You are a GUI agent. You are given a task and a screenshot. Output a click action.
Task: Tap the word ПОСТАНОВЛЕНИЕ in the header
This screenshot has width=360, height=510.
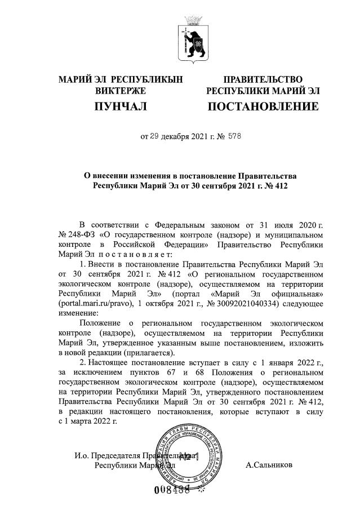coord(263,107)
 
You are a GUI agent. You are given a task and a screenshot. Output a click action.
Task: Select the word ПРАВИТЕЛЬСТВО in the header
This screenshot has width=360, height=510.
coord(263,80)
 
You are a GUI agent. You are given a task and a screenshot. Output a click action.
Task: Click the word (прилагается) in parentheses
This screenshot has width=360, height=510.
coord(160,352)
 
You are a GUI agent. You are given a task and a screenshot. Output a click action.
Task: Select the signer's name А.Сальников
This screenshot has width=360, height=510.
coord(269,466)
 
